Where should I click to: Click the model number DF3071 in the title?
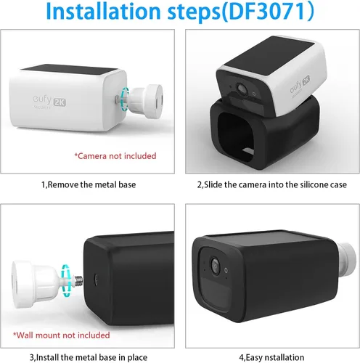click(x=267, y=11)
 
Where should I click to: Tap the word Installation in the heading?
click(x=103, y=11)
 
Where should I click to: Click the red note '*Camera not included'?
click(x=115, y=156)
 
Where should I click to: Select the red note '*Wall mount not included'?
click(x=62, y=335)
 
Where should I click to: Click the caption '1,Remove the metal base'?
click(x=89, y=184)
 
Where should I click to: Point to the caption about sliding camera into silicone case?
click(x=272, y=184)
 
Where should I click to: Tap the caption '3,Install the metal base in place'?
click(x=89, y=357)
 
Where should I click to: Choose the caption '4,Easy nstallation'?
click(x=271, y=357)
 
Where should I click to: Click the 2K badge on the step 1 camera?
click(x=60, y=102)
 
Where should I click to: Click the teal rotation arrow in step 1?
click(x=125, y=99)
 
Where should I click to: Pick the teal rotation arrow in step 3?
click(x=65, y=280)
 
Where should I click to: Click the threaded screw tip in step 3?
click(x=79, y=281)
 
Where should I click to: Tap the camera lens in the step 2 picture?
click(x=242, y=89)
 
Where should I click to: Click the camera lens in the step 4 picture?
click(x=215, y=266)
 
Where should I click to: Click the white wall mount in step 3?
click(x=36, y=284)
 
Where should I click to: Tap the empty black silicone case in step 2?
click(x=265, y=133)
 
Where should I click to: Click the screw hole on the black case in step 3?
click(x=96, y=280)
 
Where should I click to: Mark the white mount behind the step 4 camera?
click(x=347, y=260)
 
